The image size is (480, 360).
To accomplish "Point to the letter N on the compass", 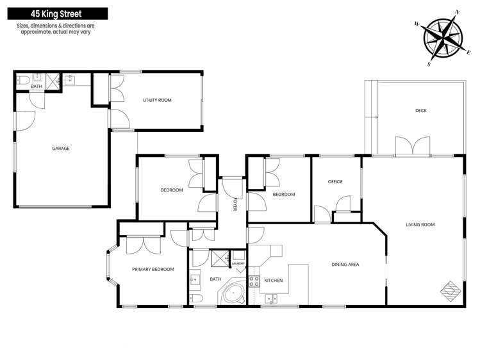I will coord(458,12).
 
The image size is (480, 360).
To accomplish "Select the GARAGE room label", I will coord(61,148).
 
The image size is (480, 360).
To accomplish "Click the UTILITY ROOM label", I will coord(157,100).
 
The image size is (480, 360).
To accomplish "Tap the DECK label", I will coord(420,111).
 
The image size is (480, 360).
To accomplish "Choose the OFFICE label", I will coord(335,182).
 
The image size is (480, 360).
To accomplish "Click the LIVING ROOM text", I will coord(420,224).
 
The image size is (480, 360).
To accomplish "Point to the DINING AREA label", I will coord(345,264).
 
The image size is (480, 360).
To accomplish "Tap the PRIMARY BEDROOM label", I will coord(153,269).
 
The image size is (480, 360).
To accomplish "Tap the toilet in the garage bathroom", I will coord(22,81).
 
